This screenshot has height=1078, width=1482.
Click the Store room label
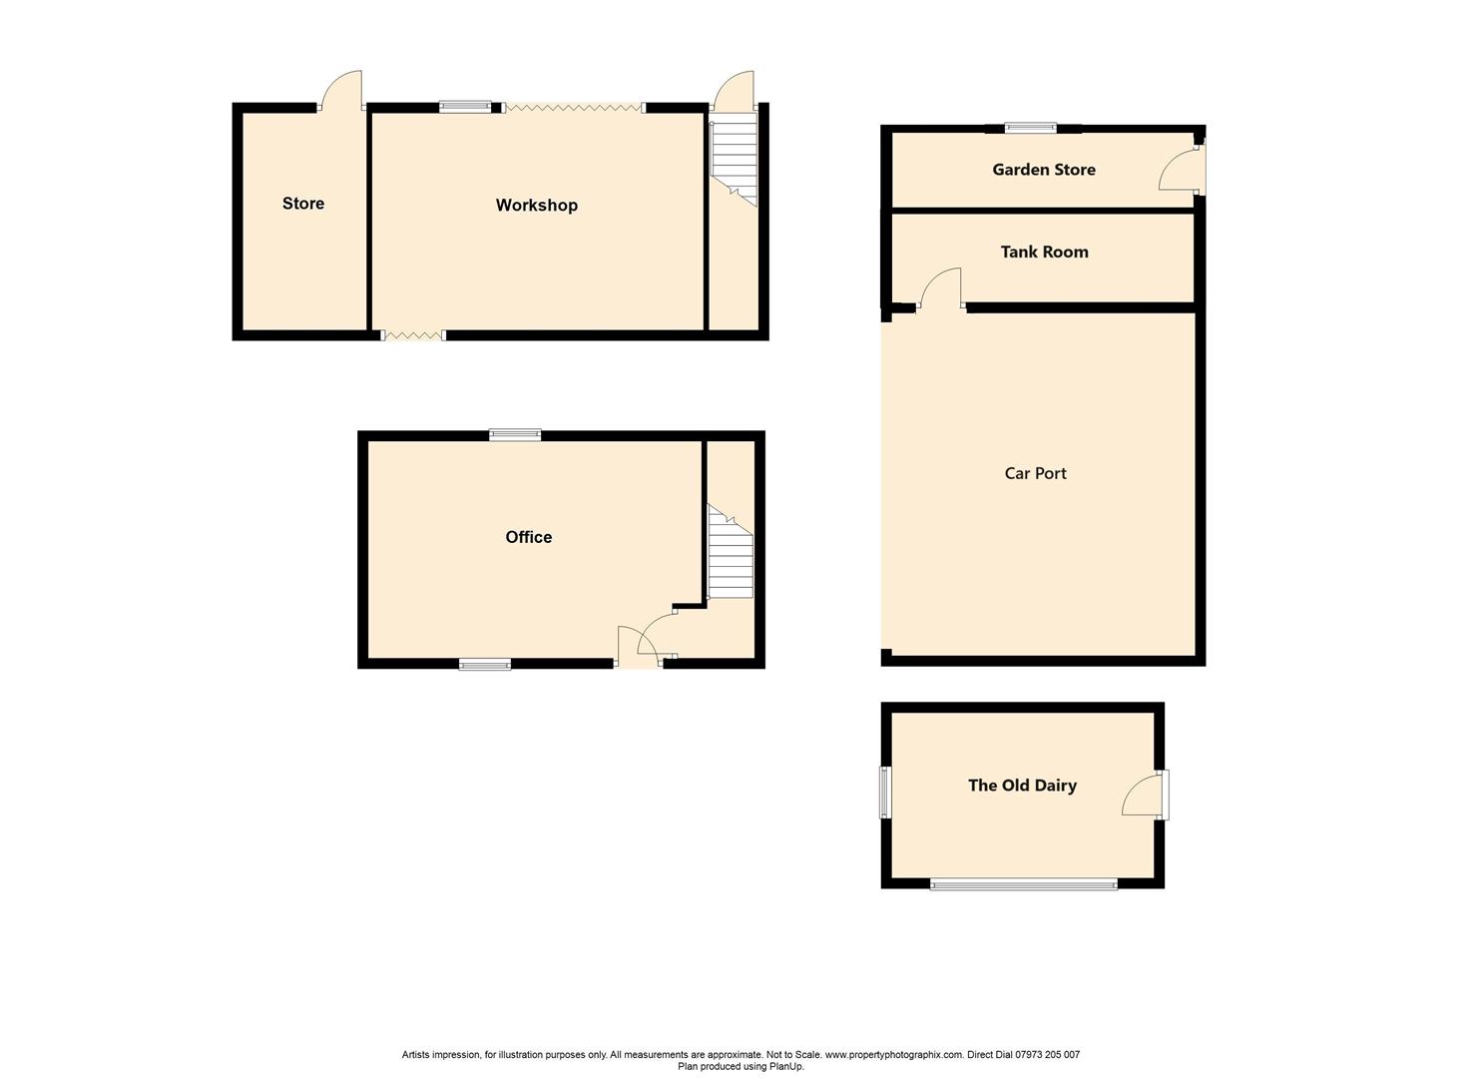(302, 204)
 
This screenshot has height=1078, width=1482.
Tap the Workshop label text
(536, 206)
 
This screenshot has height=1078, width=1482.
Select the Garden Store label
(1043, 170)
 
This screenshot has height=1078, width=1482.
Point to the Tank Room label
(1044, 253)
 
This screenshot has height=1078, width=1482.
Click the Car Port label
(1035, 473)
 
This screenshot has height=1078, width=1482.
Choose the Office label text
(528, 537)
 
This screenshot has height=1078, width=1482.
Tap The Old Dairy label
(1022, 786)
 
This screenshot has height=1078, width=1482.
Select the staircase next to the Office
(731, 554)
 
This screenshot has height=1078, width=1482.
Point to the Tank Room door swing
(943, 287)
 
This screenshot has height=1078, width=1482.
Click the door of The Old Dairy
(1144, 795)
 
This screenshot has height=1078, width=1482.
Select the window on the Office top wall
(515, 434)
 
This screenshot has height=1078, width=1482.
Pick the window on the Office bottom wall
(485, 664)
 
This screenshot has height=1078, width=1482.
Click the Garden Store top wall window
(1030, 127)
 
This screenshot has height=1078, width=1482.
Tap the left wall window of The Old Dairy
(884, 793)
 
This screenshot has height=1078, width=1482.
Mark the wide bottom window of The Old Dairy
(1023, 883)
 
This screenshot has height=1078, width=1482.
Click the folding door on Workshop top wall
(574, 107)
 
